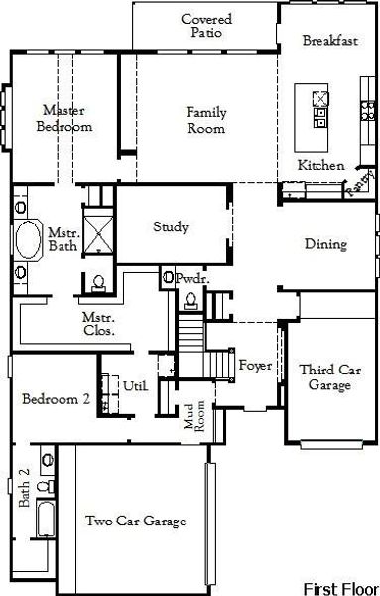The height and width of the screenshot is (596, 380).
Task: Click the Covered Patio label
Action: point(205,26)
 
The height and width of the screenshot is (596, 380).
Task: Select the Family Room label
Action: point(205,120)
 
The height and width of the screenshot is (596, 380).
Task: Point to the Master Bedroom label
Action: point(64,119)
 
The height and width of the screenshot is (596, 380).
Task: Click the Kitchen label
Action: point(321,165)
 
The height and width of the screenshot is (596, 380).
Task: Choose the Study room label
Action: point(171,227)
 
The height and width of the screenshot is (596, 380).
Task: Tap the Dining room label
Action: point(325,244)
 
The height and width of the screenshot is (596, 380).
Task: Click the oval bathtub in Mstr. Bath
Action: point(27,241)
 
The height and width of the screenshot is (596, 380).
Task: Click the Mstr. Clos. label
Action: point(98,323)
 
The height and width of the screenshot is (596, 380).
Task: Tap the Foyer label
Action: point(256,366)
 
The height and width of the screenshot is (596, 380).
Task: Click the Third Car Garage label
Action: point(325,377)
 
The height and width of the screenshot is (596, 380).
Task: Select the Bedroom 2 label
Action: point(57,399)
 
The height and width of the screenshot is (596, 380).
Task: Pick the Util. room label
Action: point(136,385)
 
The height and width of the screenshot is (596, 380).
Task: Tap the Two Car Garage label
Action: point(136,521)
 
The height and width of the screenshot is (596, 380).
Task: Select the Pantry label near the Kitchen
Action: point(359,185)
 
